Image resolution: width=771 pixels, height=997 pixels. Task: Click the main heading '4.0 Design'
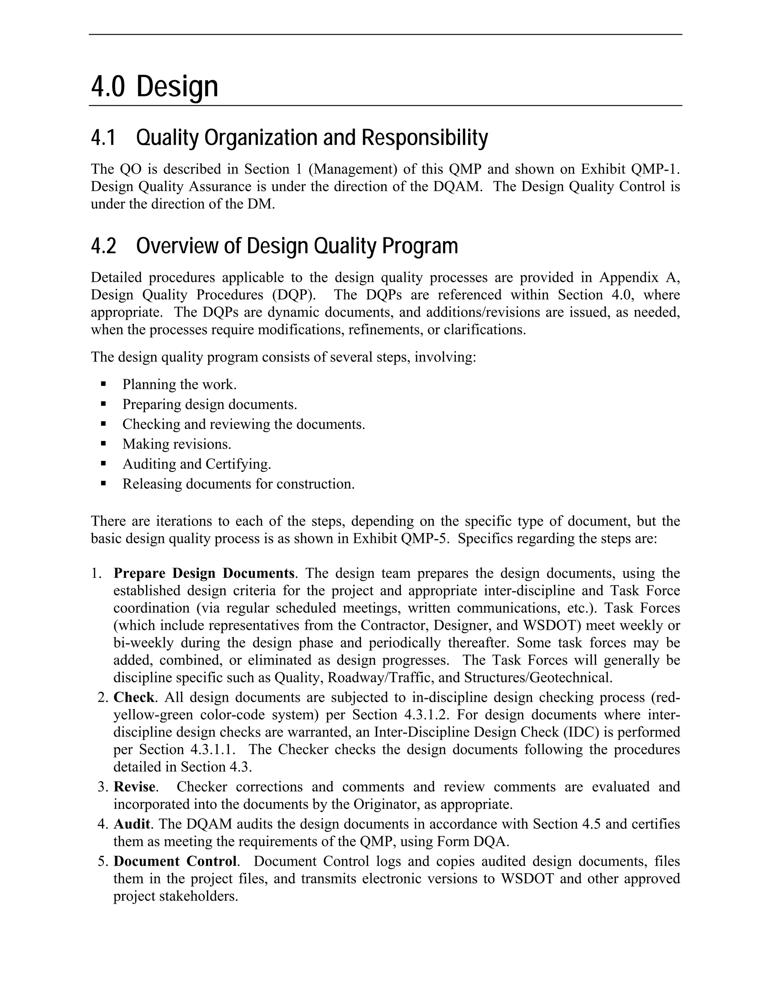point(154,87)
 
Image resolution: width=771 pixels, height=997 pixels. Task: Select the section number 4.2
point(103,246)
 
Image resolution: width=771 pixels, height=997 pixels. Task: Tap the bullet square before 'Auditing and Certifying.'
point(103,464)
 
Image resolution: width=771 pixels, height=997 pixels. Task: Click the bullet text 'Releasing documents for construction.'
point(238,483)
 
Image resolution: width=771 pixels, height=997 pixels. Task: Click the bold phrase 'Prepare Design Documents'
point(204,573)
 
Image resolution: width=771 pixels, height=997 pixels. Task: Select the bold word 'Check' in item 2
point(133,698)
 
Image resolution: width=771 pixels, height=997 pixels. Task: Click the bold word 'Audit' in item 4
point(131,824)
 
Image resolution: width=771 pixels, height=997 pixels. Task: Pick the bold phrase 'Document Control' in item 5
point(175,862)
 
